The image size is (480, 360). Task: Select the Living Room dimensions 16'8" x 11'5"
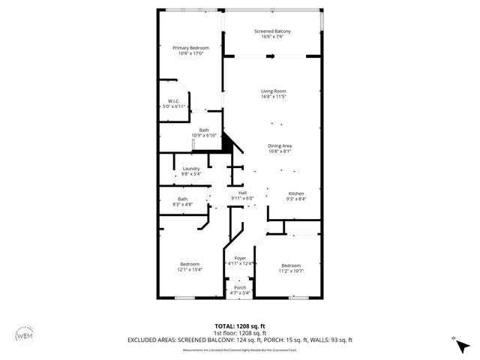pos(274,97)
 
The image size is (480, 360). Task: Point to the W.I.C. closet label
pos(172,101)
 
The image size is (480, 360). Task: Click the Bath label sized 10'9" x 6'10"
pos(204,130)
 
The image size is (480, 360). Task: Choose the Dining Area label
pos(280,145)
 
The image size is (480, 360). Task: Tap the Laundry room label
pos(191,169)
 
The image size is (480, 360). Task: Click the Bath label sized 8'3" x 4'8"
pos(183,199)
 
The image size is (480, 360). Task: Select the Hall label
pos(242,193)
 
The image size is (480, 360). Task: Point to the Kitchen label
pos(295,193)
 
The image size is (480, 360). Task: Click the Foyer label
pos(241,258)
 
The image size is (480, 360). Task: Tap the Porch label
pos(240,287)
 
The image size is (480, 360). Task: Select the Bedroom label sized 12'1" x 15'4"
pos(190,263)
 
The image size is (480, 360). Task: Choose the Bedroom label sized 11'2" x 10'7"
pos(291,265)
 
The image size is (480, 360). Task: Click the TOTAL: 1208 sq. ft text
pos(240,326)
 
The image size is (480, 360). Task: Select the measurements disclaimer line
pos(240,348)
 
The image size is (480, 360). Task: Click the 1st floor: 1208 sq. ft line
pos(240,333)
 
